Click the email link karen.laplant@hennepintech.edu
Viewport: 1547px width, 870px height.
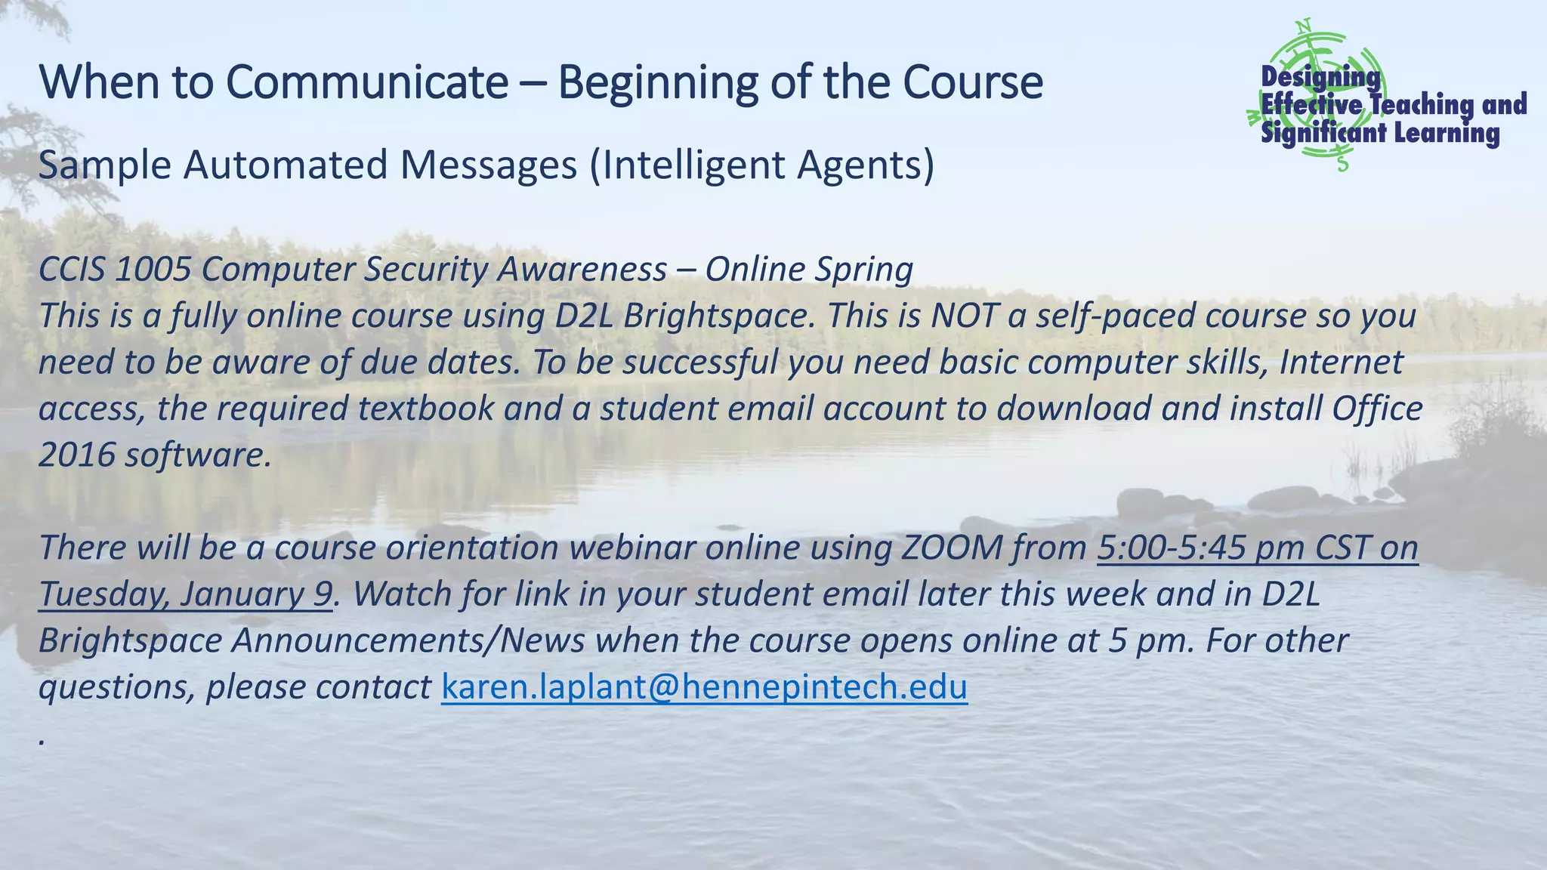pos(703,687)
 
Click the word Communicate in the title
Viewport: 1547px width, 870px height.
pos(367,82)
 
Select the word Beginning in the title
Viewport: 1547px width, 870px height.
pos(657,82)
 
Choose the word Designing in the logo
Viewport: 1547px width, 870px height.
pos(1320,77)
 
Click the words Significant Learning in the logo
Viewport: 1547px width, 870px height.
pos(1380,134)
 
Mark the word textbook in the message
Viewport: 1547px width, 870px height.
pos(425,409)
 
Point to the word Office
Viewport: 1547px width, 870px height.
pos(1377,409)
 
